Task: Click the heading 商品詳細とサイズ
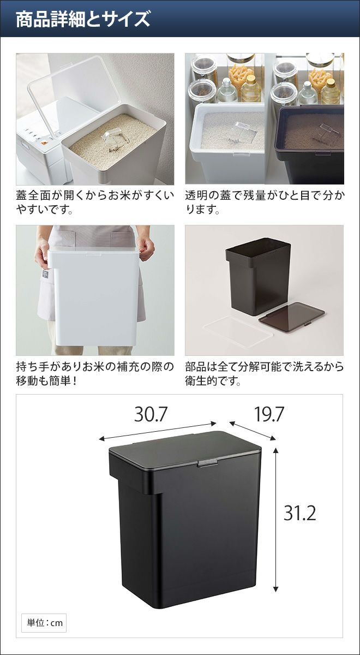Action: click(x=83, y=20)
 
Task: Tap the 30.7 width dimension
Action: click(x=151, y=414)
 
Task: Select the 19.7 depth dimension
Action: click(x=269, y=414)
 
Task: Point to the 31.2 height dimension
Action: click(x=300, y=513)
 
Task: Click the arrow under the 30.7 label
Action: click(x=158, y=431)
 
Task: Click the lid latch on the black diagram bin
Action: click(x=208, y=463)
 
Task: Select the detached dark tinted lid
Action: click(x=292, y=313)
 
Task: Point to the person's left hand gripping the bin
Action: click(x=147, y=249)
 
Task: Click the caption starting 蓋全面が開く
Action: click(x=95, y=203)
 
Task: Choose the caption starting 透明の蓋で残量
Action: click(x=265, y=203)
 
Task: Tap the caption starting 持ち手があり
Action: click(x=95, y=374)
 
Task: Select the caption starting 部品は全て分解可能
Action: click(x=265, y=374)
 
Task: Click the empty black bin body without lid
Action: click(x=257, y=276)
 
